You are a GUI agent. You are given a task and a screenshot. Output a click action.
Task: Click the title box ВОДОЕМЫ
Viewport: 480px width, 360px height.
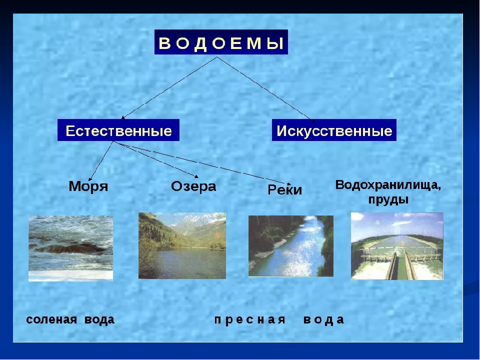pyautogui.click(x=221, y=42)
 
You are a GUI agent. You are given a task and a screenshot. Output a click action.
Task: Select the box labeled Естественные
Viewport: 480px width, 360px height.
pyautogui.click(x=118, y=130)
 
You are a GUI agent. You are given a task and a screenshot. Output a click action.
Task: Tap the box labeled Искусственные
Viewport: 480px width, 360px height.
pyautogui.click(x=334, y=130)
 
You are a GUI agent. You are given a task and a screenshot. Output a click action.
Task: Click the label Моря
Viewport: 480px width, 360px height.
pyautogui.click(x=88, y=186)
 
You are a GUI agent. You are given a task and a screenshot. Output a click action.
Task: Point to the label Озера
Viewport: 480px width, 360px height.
pyautogui.click(x=193, y=186)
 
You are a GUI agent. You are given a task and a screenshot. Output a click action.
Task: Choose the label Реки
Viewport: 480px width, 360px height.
pyautogui.click(x=284, y=190)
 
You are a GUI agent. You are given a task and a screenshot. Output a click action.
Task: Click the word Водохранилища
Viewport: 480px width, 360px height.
pyautogui.click(x=388, y=185)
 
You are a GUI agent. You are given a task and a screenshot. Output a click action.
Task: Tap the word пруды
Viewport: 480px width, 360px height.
pyautogui.click(x=388, y=200)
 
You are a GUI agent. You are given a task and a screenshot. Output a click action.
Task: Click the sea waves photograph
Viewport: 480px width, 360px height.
pyautogui.click(x=70, y=248)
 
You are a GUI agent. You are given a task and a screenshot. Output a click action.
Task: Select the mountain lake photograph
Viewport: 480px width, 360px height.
pyautogui.click(x=182, y=245)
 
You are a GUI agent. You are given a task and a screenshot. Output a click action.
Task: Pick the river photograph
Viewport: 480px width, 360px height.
pyautogui.click(x=291, y=246)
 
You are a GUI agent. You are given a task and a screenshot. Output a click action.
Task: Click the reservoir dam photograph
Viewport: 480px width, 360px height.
pyautogui.click(x=397, y=246)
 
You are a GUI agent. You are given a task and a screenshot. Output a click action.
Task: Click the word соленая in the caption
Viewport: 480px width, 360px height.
pyautogui.click(x=51, y=319)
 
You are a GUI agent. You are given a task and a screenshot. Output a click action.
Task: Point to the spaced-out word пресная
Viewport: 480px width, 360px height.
pyautogui.click(x=250, y=320)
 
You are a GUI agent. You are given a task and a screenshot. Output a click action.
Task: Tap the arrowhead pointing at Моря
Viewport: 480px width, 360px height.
pyautogui.click(x=90, y=179)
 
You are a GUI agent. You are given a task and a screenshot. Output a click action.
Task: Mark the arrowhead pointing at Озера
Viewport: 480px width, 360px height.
pyautogui.click(x=196, y=176)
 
